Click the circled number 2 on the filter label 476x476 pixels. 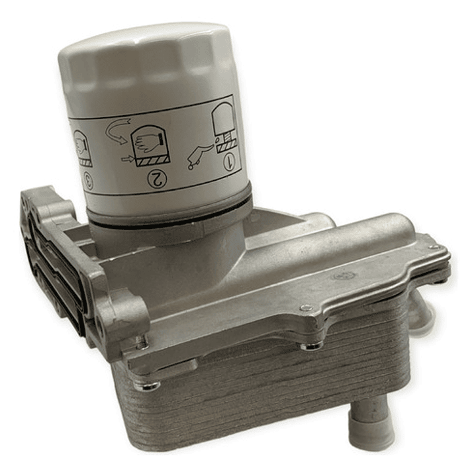point(158,179)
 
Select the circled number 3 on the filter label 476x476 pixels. point(89,181)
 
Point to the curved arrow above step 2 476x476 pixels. point(117,130)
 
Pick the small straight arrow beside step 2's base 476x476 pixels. point(128,158)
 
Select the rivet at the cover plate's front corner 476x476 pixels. point(307,309)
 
